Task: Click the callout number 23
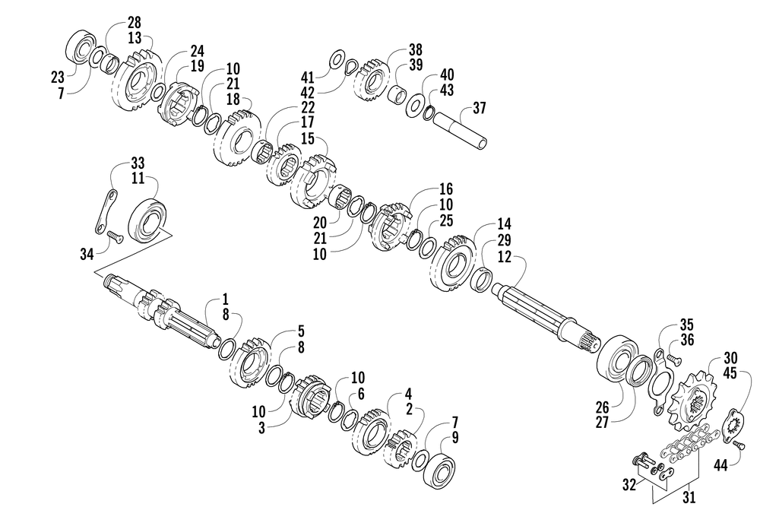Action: pos(59,75)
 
